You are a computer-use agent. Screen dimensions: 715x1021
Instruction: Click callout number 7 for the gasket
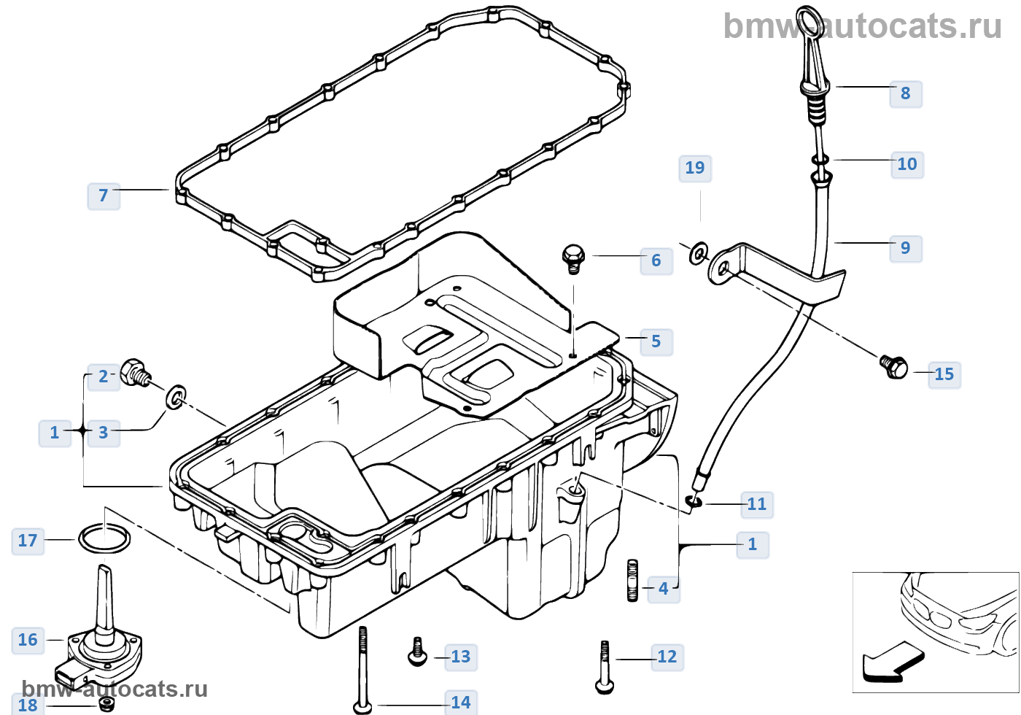point(104,196)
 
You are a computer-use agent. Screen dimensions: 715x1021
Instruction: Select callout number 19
point(695,169)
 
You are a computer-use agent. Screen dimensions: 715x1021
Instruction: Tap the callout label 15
point(944,374)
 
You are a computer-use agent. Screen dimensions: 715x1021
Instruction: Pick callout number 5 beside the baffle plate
point(656,341)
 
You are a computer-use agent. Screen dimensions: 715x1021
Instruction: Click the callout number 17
point(28,541)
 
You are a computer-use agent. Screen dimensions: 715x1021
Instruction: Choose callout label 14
point(460,703)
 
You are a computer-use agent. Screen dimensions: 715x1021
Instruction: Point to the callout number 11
point(756,504)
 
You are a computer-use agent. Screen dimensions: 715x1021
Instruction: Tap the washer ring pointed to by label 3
point(176,396)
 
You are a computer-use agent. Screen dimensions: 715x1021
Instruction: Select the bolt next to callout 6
point(573,258)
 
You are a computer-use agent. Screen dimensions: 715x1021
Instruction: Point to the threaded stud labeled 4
point(632,580)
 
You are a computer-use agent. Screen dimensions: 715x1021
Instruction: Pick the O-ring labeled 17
point(104,540)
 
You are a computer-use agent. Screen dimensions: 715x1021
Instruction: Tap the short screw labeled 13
point(417,652)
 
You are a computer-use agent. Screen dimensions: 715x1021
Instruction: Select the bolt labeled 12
point(605,667)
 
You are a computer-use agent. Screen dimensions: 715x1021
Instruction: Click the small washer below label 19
point(699,253)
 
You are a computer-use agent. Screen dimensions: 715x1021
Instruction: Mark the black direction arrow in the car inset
point(891,662)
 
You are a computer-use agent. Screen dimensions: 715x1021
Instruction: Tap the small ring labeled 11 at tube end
point(694,500)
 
